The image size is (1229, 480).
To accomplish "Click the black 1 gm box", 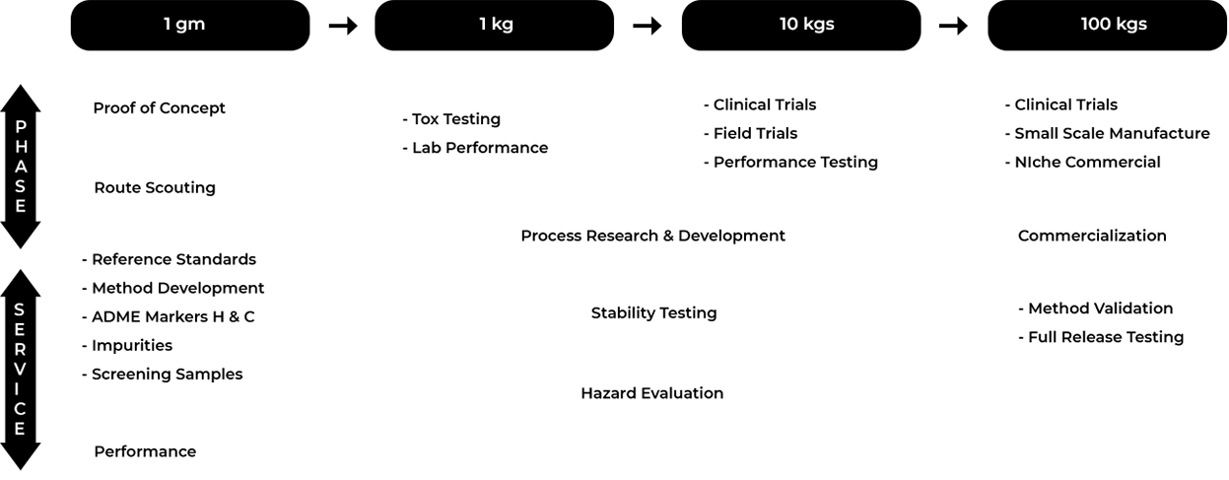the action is pos(190,26).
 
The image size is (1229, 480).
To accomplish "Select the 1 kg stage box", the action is pos(495,26).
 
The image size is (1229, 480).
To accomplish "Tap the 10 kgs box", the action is pos(801,26).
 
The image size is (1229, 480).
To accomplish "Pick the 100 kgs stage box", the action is pos(1107,26).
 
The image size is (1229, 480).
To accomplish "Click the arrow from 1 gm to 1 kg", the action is pos(343,26).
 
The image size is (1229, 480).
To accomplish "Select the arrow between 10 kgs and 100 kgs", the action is pos(954,26).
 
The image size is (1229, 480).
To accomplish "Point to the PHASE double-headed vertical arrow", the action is pos(21,167).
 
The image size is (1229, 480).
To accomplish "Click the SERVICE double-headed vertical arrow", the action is pos(21,370).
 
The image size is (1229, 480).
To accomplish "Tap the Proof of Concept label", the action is pos(159,108).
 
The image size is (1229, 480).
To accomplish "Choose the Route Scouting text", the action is pos(155,187).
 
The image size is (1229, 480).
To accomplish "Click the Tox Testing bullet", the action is pos(451,119).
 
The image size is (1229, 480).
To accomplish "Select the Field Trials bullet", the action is pos(751,133).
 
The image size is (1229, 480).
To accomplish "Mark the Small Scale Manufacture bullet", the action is pos(1107,133).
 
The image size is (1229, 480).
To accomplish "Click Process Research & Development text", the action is pos(652,236).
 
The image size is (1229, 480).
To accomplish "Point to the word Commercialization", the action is pos(1092,236).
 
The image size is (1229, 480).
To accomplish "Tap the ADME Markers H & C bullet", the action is pos(169,317).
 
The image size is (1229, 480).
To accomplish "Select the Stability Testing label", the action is pos(654,313).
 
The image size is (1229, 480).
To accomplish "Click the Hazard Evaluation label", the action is pos(652,393).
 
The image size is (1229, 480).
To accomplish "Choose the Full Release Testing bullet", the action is pos(1101,337).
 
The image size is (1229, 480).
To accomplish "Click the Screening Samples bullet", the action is pos(163,375).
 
